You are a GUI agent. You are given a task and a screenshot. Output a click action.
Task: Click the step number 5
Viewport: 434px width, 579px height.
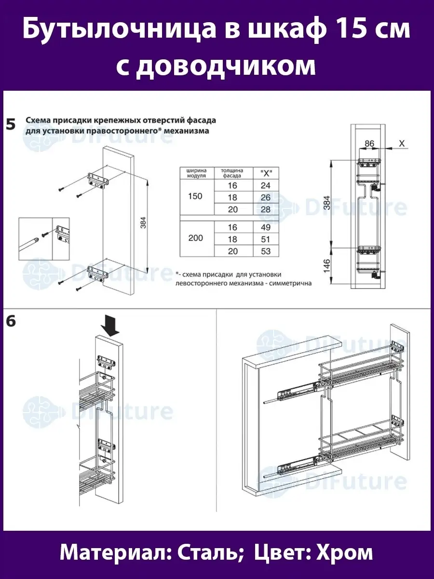tap(11, 125)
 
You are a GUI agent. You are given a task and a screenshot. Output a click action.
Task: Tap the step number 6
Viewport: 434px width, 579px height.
tap(11, 321)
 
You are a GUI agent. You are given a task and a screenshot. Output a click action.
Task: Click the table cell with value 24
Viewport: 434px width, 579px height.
tap(265, 185)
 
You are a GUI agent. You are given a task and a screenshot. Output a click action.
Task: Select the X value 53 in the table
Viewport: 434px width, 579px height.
tap(265, 251)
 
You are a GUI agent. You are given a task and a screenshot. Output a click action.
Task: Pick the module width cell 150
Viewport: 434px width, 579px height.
tap(196, 197)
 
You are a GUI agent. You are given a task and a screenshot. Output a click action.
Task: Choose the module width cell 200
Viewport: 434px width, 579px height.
tap(196, 238)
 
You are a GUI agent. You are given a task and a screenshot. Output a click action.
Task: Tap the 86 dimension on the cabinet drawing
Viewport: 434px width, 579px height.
tap(369, 143)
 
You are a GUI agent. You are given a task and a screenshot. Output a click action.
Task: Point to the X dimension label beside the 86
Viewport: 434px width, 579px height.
tap(402, 143)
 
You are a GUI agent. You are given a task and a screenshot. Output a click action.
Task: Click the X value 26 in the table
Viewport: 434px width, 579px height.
tap(265, 197)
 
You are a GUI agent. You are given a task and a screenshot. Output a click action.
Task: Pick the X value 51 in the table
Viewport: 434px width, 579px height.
tap(265, 239)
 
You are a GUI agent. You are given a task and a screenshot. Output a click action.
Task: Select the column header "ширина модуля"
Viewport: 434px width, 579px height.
tap(196, 173)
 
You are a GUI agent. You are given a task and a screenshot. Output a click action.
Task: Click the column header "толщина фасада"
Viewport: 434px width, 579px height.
tap(231, 173)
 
